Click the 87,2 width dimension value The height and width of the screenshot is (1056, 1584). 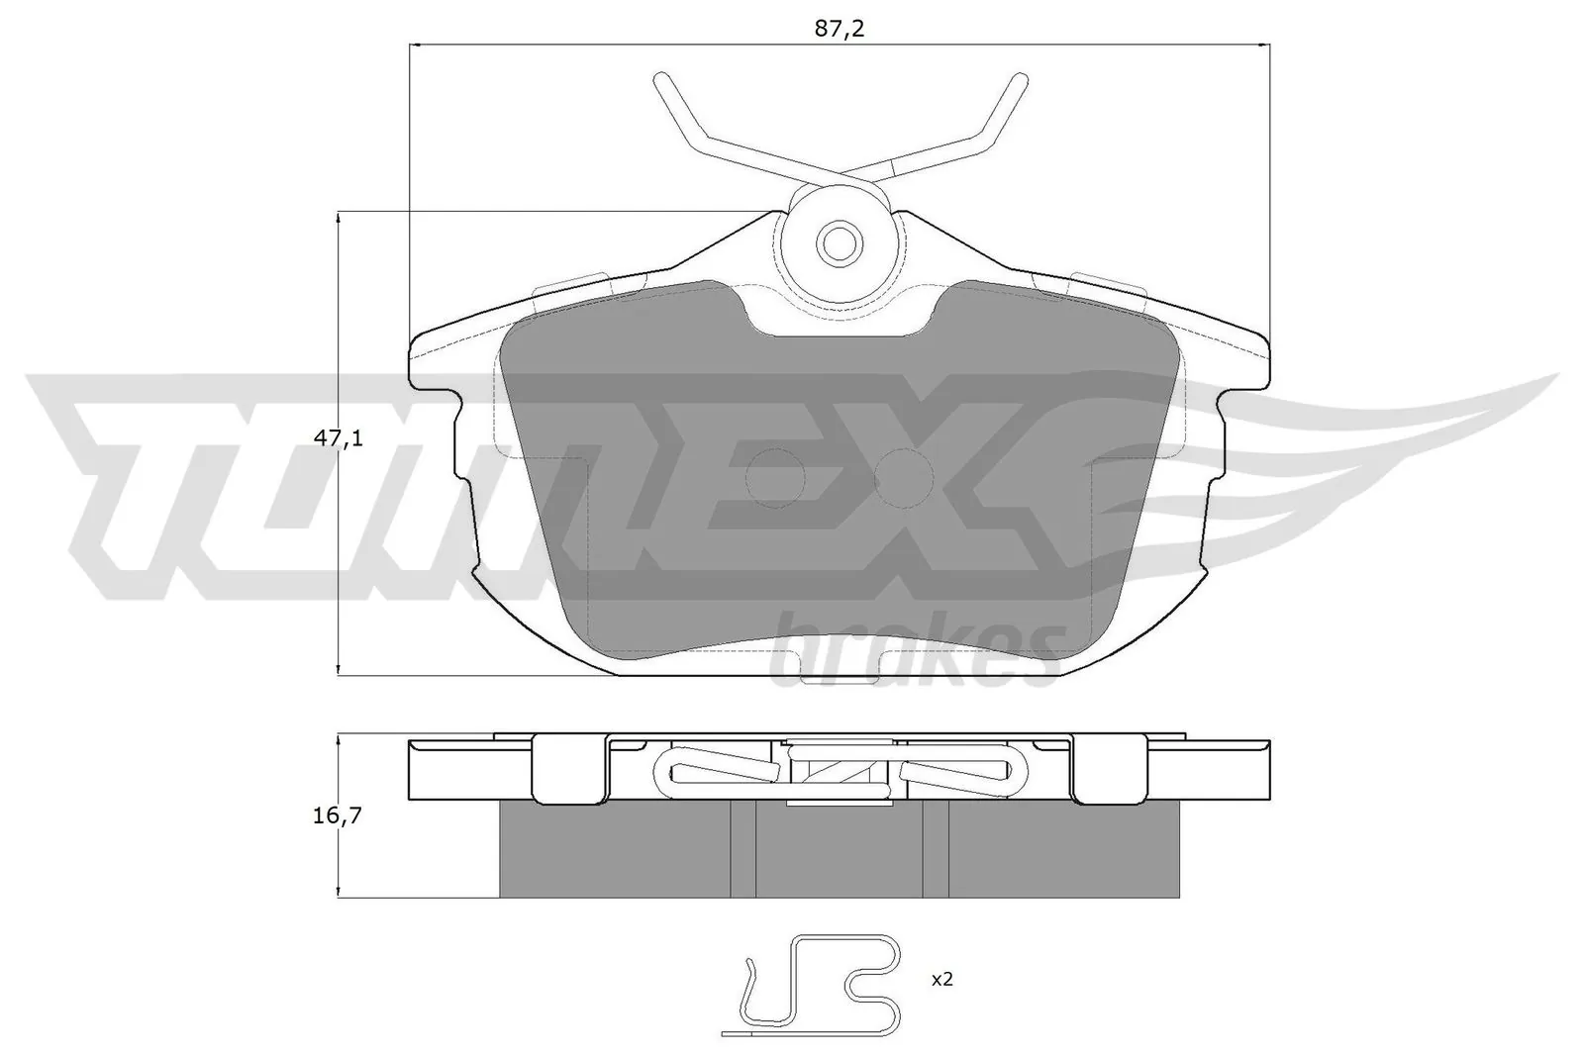point(840,28)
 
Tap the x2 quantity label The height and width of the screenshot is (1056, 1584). point(941,979)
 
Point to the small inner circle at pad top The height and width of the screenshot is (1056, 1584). point(840,241)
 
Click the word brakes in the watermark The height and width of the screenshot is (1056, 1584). point(916,654)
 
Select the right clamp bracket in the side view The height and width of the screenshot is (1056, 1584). point(1109,769)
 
